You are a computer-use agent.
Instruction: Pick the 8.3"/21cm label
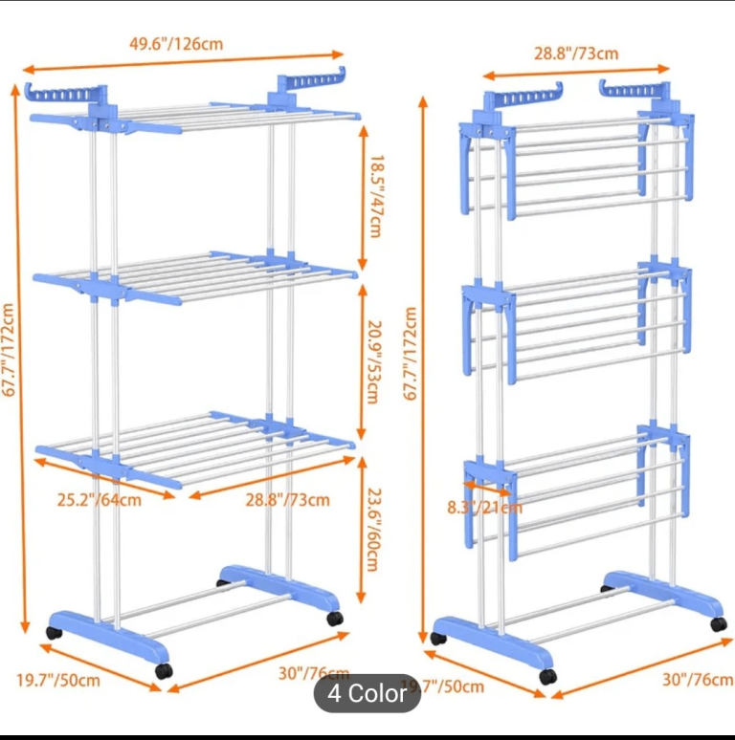[484, 507]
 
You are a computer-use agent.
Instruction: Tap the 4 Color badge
[367, 693]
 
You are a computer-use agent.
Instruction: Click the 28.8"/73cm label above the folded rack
[576, 54]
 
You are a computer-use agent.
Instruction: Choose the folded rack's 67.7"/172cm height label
[411, 354]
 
